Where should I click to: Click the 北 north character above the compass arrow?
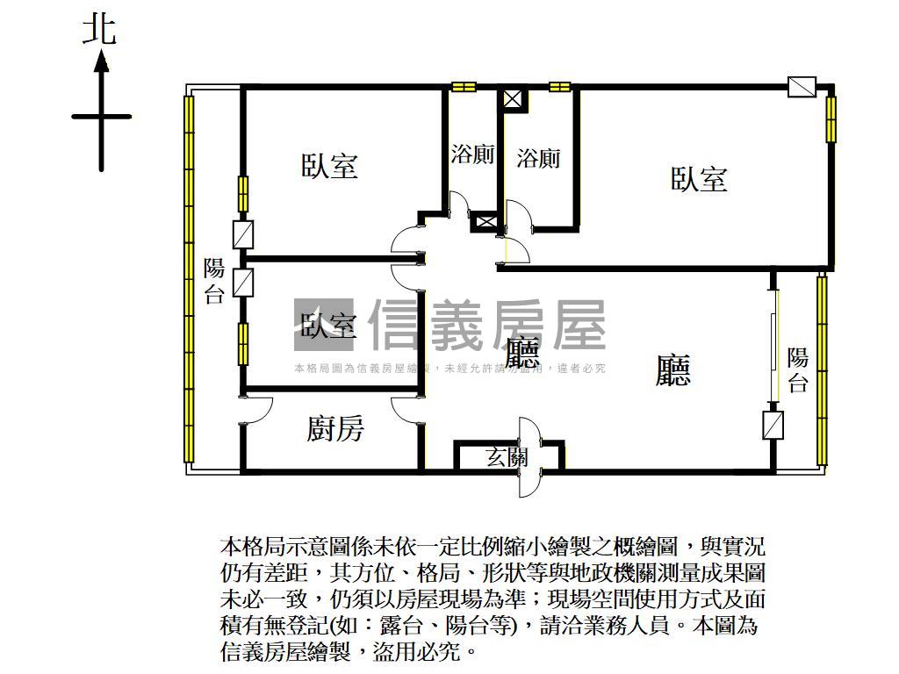99,31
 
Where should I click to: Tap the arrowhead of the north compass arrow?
102,61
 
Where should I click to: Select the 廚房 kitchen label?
335,429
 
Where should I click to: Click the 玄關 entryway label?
507,456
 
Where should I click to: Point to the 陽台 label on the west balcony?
214,281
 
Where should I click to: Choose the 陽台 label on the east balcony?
797,369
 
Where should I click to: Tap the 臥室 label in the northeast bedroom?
699,180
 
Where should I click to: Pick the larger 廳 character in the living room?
673,369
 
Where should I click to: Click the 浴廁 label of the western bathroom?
472,155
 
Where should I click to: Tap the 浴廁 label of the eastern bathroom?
538,159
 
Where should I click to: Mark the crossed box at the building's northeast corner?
802,87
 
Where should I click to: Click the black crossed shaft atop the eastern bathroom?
512,97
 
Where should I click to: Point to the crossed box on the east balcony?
773,426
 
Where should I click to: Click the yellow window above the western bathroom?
464,87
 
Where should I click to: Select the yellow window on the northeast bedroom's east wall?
831,118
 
